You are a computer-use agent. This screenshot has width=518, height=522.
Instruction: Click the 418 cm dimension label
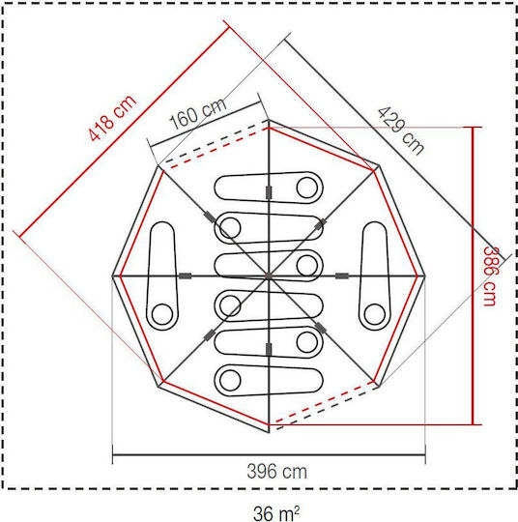coord(112,118)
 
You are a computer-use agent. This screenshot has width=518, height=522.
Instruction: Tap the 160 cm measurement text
coord(198,114)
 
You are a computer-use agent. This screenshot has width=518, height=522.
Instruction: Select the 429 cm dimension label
coord(401,130)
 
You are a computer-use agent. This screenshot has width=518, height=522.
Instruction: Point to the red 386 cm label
coord(490,275)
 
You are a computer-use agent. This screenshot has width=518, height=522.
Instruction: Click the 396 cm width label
coord(277,472)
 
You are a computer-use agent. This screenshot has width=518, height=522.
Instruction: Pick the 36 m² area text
coord(276,513)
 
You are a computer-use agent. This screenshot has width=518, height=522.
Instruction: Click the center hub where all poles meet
coord(269,275)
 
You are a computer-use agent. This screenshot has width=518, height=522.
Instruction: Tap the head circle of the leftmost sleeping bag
coord(162,314)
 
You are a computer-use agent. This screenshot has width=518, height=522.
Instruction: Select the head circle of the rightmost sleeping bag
coord(375,314)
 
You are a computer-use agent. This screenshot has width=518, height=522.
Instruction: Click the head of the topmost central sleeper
coord(307,188)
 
